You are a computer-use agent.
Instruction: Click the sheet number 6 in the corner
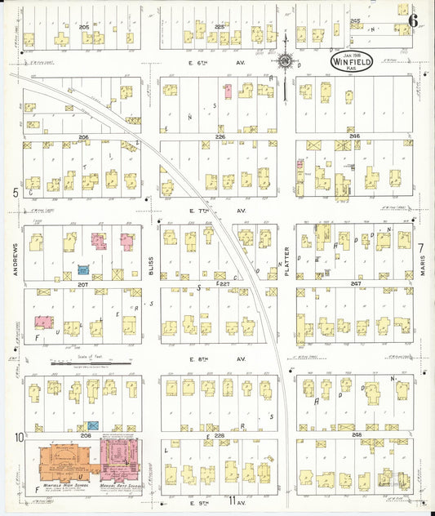(x=414, y=20)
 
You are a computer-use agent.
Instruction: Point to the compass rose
(x=286, y=60)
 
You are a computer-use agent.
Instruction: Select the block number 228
(x=219, y=435)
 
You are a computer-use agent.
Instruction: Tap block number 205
(x=83, y=27)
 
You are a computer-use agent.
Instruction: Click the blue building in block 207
(x=83, y=269)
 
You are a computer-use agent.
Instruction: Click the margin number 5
(x=16, y=193)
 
